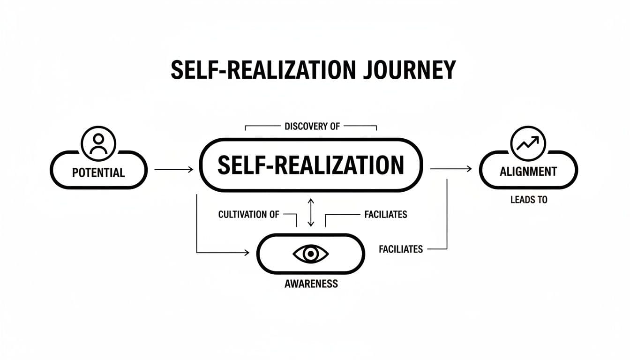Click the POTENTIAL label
coord(98,172)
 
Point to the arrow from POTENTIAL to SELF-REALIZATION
coord(173,169)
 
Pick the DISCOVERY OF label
coord(312,126)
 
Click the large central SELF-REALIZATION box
coord(311,165)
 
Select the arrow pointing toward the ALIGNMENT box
coord(450,169)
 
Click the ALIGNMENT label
coord(528,172)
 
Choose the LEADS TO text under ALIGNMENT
coord(529,200)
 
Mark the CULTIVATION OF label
coord(249,215)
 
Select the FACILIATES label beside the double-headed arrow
coord(385,215)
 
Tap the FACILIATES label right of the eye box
coord(401,249)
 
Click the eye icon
coord(310,254)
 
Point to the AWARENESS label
coord(311,284)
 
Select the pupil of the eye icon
coord(310,254)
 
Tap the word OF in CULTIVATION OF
coord(274,215)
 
